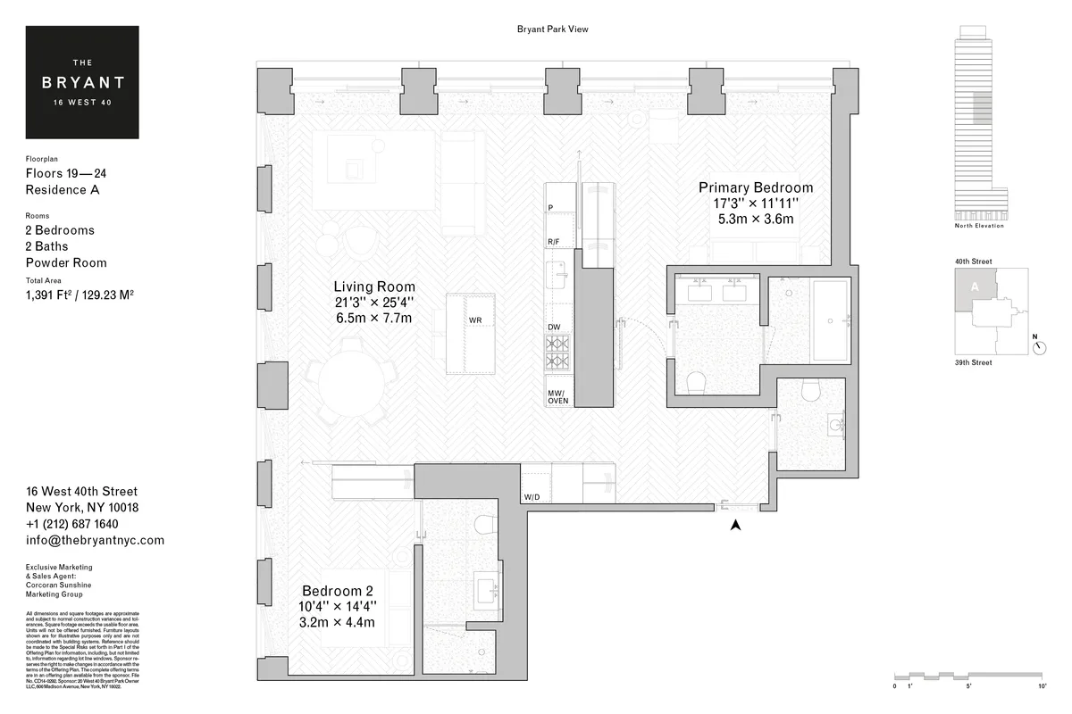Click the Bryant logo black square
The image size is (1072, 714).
pos(82,82)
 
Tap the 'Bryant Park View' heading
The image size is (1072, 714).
pos(552,29)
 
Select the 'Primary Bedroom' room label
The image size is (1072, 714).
pos(756,187)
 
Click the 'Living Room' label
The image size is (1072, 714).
pos(374,286)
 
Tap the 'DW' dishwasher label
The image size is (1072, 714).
pos(554,328)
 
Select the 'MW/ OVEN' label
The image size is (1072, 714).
pos(557,396)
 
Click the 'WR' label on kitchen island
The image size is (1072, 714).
pos(475,320)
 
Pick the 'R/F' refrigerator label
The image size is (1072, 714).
pos(554,242)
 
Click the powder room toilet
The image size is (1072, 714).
pos(812,389)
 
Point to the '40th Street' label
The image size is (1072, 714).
pos(975,262)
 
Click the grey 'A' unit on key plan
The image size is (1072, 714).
pos(974,287)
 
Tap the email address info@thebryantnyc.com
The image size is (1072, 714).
pos(95,541)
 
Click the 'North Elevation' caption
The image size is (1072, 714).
pos(979,226)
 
